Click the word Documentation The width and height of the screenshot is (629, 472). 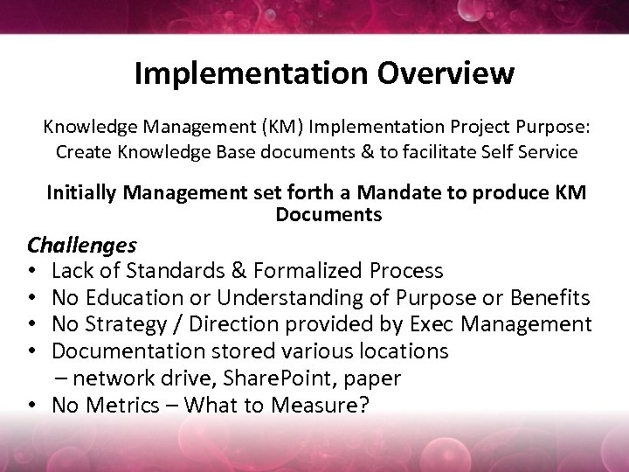click(x=126, y=351)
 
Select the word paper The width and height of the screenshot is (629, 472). click(x=372, y=379)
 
